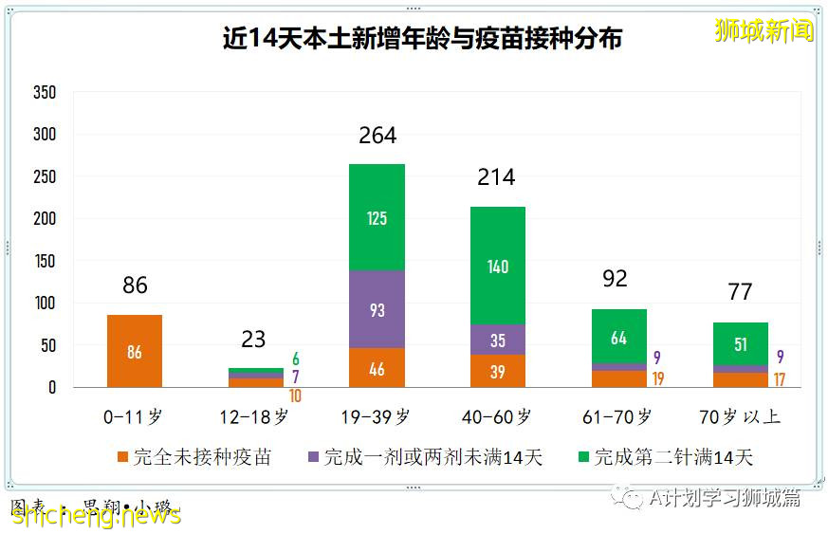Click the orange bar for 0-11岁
tap(135, 351)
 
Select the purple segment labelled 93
tap(377, 309)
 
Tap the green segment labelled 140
tap(498, 266)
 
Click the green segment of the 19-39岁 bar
tap(377, 217)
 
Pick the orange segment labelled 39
tap(498, 371)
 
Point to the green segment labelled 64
tap(618, 337)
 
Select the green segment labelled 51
tap(740, 343)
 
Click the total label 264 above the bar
tap(377, 136)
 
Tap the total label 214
tap(497, 177)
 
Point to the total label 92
tap(616, 279)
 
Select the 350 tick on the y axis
tap(45, 93)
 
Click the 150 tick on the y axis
tap(45, 261)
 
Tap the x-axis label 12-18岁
tap(255, 416)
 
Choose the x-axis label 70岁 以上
tap(740, 416)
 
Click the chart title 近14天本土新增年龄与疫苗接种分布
tap(422, 40)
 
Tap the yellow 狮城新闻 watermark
tap(764, 30)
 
